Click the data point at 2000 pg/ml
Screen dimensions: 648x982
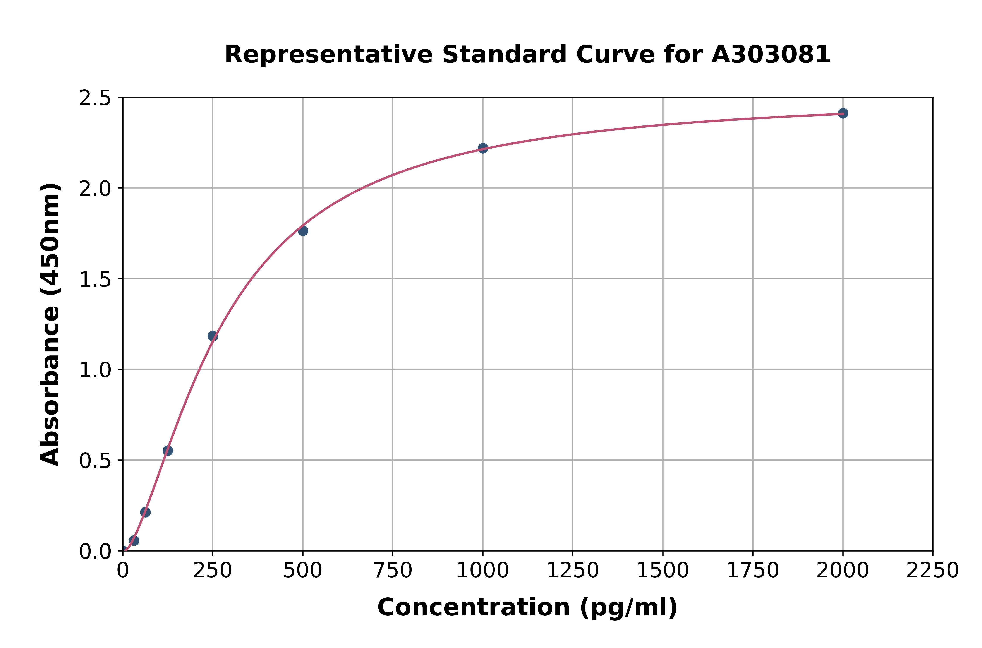(843, 113)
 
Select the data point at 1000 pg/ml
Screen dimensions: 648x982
(483, 148)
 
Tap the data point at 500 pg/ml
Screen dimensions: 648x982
(303, 231)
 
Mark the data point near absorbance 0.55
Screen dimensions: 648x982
(168, 451)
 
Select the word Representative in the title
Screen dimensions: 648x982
(329, 55)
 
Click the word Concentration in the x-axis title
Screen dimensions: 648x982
(474, 607)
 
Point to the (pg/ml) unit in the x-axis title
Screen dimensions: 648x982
(628, 607)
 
